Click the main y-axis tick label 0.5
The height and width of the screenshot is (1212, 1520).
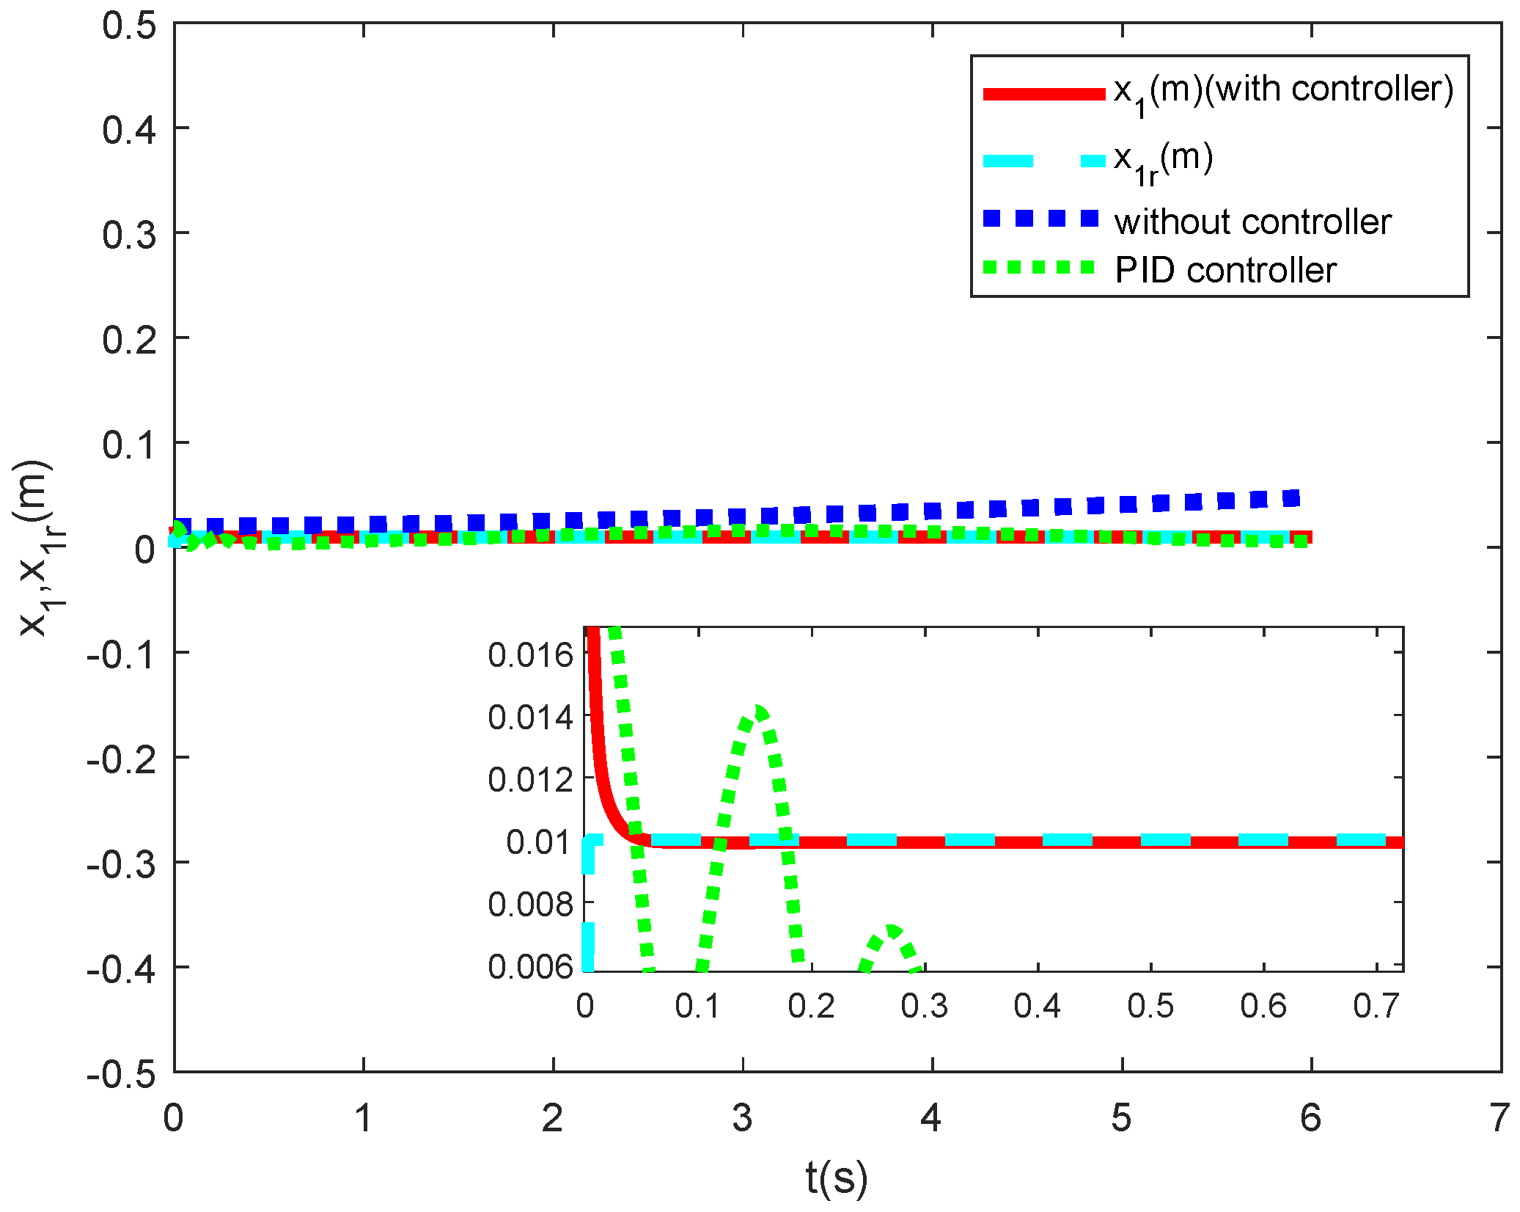tap(129, 26)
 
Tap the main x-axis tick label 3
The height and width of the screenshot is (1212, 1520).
tap(742, 1118)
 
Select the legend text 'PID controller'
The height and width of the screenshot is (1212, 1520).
tap(1225, 271)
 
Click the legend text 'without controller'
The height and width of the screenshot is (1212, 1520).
tap(1252, 222)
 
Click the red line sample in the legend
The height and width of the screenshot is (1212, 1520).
tap(1043, 94)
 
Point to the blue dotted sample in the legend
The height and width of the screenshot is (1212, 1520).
tap(1040, 219)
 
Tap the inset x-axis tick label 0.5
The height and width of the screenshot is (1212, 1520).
tap(1150, 1006)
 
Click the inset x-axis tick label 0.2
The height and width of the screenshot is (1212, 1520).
tap(811, 1006)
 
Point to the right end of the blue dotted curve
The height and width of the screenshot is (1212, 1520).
tap(1292, 499)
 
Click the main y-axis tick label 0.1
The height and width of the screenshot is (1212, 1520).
tap(129, 445)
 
